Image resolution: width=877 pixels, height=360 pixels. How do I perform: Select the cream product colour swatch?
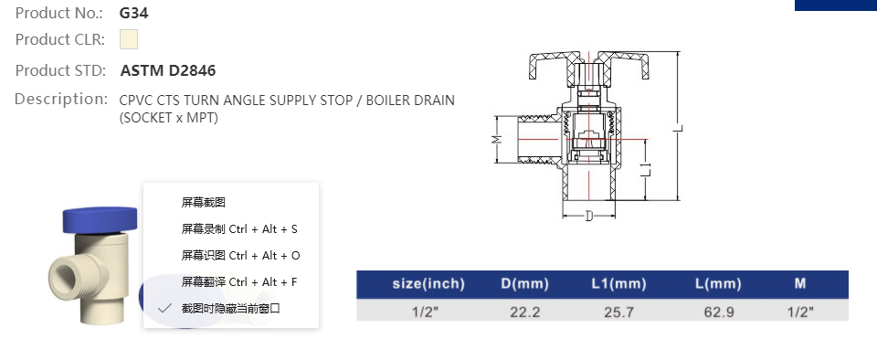(129, 40)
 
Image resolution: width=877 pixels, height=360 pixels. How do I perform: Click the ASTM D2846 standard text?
(168, 70)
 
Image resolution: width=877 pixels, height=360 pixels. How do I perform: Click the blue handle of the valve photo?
(98, 219)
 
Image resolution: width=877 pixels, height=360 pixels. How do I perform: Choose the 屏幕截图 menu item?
(203, 202)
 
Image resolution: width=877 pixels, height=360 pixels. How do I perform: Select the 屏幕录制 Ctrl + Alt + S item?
(239, 228)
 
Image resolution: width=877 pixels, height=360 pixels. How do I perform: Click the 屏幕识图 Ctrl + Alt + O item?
(240, 255)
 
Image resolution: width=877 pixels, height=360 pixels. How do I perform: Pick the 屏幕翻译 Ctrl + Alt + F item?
(239, 281)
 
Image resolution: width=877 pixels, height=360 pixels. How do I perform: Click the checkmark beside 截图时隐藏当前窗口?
(164, 309)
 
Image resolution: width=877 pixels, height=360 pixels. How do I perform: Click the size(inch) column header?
(428, 284)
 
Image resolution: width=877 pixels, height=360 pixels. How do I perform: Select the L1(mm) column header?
(618, 284)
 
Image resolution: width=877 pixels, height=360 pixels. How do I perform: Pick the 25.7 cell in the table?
(618, 312)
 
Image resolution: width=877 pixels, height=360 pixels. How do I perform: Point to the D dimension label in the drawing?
(588, 217)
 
